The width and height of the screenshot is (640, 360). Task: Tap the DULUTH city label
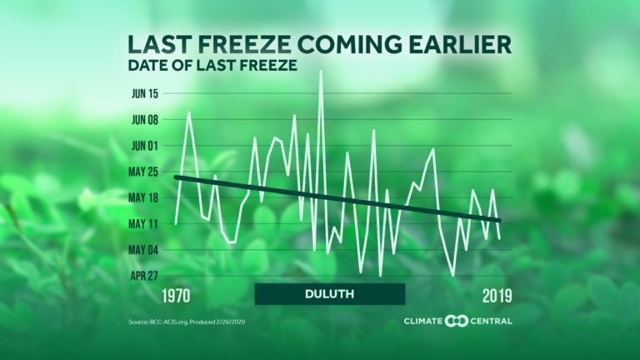click(x=330, y=294)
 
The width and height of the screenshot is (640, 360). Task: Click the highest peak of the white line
click(x=321, y=72)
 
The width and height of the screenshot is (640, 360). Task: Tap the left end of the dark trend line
click(x=175, y=177)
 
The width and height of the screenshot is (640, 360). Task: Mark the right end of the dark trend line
click(x=499, y=220)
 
